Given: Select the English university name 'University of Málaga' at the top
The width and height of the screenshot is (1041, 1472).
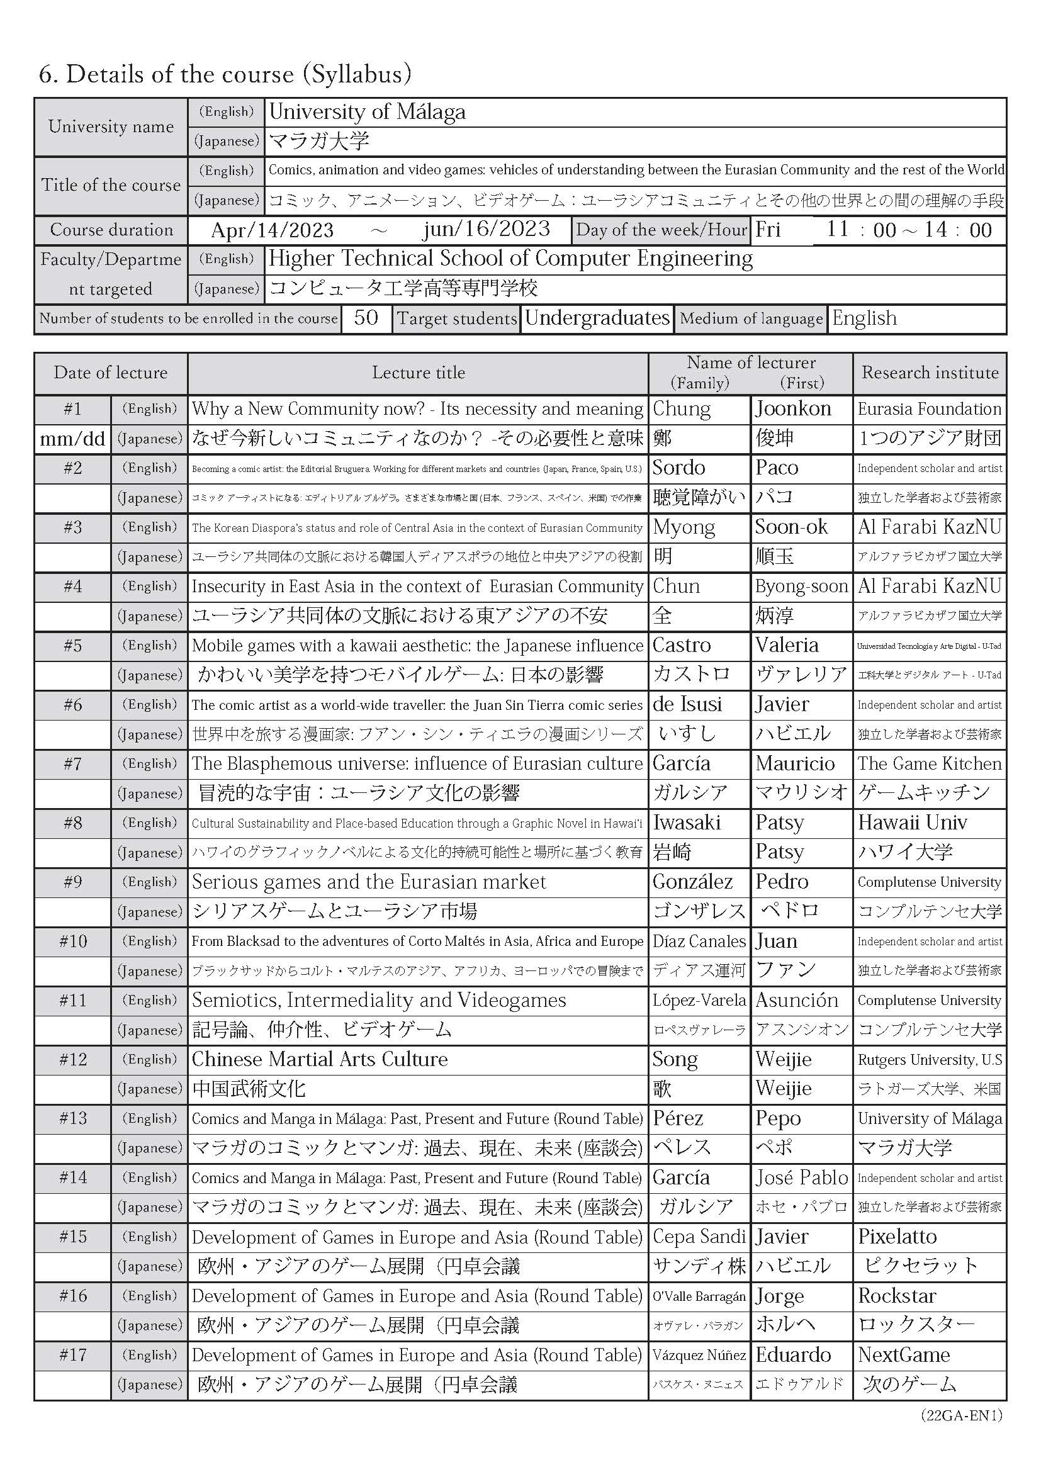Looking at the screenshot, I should point(368,112).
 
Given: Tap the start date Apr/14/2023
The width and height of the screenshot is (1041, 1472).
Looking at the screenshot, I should point(273,230).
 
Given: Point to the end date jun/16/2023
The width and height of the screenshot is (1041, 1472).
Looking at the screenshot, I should point(487,230).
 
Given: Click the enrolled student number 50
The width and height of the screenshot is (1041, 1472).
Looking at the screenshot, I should point(366,318).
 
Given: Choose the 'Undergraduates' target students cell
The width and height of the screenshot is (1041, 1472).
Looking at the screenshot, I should point(597,318).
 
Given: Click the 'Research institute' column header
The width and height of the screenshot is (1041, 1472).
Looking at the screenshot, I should point(930,373).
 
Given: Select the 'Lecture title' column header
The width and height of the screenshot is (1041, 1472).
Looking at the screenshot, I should point(418,373).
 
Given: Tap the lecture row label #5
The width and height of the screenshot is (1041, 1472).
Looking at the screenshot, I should point(72,646).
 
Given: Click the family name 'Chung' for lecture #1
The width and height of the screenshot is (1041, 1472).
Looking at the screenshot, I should point(682,409).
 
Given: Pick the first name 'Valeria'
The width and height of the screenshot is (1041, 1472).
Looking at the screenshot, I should point(787,646).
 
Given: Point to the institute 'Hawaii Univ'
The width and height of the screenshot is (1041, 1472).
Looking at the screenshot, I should point(912,823).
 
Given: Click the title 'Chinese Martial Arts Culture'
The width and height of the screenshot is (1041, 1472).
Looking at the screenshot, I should point(319,1060).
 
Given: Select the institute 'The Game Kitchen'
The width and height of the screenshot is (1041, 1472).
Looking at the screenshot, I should point(930,764).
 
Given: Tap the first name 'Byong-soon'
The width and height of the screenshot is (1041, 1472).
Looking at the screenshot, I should point(801,587).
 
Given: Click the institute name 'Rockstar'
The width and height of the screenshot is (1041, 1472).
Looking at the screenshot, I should point(897,1296).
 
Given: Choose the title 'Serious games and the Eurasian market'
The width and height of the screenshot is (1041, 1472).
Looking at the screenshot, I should point(369,882).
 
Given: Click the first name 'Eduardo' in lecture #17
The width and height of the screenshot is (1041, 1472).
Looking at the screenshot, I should point(793,1356).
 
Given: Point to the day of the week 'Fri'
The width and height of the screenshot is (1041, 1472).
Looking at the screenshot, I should point(768,230).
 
